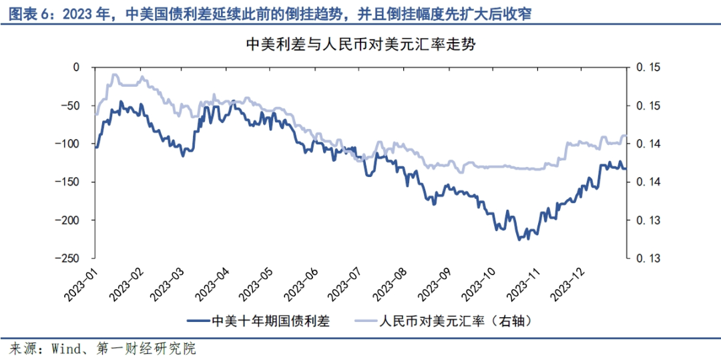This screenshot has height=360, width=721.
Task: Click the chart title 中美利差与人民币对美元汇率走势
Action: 360,45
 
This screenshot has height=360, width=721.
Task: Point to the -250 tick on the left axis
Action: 74,258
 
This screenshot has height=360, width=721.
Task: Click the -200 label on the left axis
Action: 74,220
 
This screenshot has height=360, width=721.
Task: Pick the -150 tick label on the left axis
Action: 74,182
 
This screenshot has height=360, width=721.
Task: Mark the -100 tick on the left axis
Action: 74,144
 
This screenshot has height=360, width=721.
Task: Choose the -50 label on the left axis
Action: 77,106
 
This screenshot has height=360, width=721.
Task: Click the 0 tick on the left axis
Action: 85,67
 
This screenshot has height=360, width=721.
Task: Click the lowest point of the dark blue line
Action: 519,239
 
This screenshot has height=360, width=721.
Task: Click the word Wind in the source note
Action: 67,349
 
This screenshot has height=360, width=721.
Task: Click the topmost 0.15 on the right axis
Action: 647,67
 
